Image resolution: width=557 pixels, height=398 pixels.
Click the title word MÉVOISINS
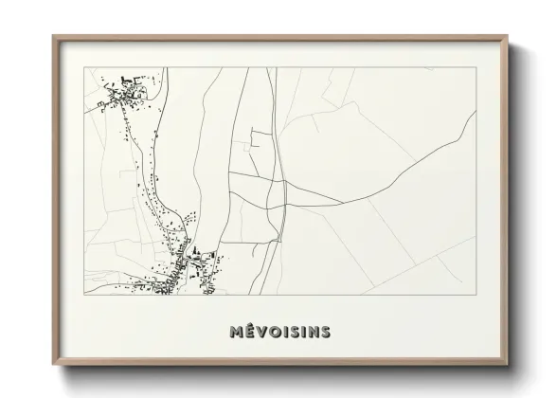pos(279,332)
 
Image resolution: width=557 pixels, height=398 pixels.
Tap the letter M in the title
pos(236,332)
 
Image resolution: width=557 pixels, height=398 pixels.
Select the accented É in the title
pos(249,332)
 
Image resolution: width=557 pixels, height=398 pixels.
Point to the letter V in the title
pos(261,332)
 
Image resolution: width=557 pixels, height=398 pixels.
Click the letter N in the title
pos(312,332)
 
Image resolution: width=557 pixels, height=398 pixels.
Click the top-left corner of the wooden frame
pos(53,37)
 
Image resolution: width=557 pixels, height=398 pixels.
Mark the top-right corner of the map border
pos(476,67)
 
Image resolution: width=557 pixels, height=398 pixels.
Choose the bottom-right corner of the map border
pos(476,295)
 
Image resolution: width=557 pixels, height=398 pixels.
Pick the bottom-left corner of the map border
pos(84,295)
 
